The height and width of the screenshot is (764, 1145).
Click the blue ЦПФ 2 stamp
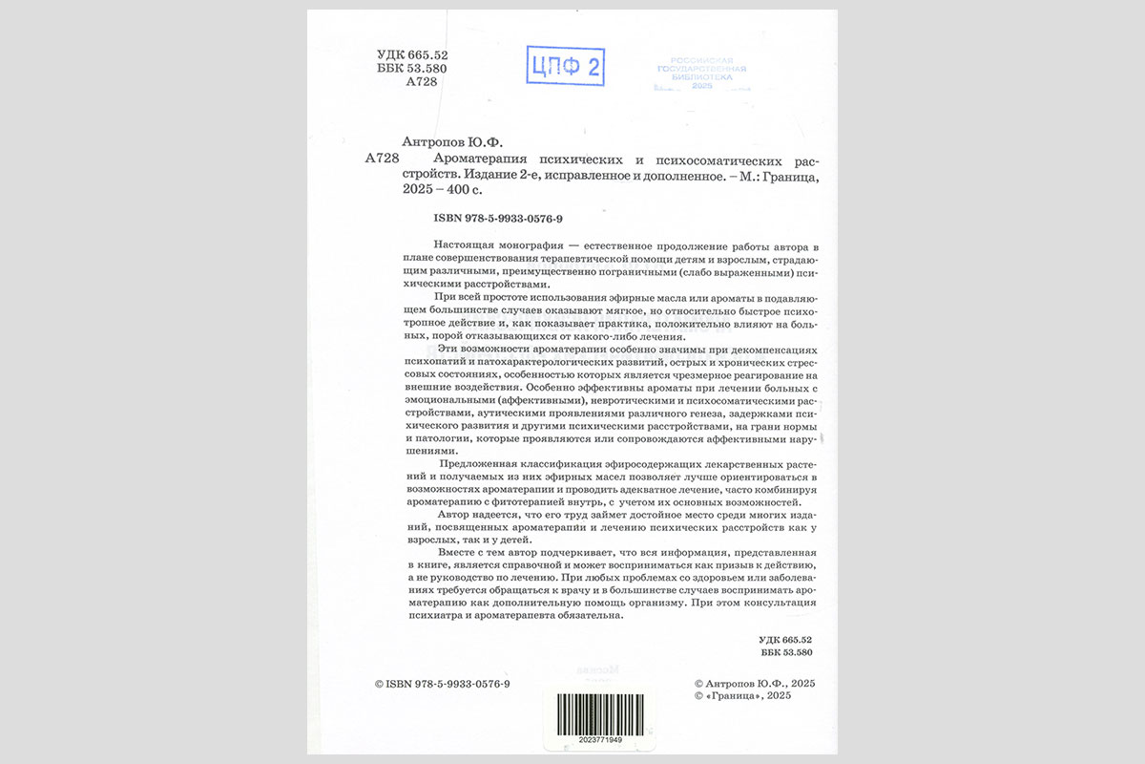pos(566,66)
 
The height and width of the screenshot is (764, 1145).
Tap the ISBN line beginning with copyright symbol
pos(443,684)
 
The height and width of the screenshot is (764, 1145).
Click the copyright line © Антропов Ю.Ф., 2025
pos(755,684)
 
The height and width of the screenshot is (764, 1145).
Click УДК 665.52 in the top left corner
pos(413,55)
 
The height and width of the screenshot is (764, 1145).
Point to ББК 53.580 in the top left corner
pos(413,70)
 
